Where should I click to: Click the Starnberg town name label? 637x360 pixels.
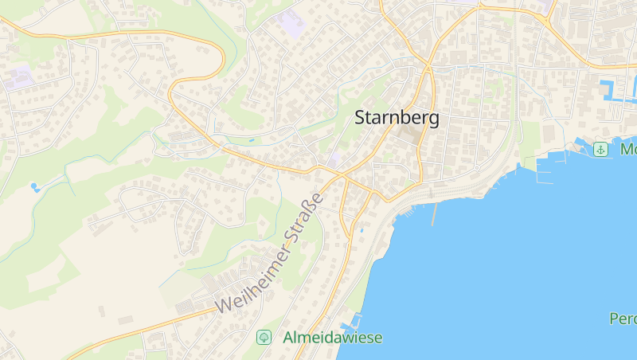(396, 118)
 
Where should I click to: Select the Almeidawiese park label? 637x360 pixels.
(332, 338)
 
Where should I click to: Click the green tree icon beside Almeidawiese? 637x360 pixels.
(264, 338)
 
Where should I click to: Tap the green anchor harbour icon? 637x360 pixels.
(601, 149)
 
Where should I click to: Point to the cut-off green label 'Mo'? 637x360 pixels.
(627, 149)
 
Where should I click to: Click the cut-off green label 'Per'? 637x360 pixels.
(623, 319)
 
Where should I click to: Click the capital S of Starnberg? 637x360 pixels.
(360, 118)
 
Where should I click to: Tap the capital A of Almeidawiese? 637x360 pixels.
(288, 338)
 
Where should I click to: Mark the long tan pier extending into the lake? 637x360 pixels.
(435, 213)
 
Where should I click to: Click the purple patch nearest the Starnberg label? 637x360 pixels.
(334, 158)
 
